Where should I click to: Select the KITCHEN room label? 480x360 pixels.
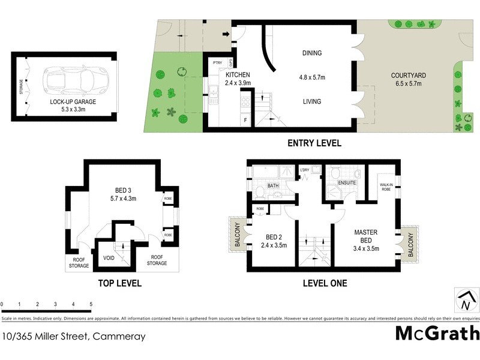[x=238, y=75]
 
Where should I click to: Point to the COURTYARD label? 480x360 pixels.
[x=408, y=75]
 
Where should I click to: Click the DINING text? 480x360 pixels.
[x=311, y=53]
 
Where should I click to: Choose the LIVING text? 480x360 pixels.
[x=311, y=101]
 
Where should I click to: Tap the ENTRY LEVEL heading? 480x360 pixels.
[x=314, y=143]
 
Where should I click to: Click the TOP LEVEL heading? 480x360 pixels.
[x=121, y=283]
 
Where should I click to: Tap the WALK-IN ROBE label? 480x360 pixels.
[x=386, y=187]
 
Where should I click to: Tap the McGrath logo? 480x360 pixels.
[x=437, y=333]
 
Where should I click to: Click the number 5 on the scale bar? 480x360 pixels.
[x=91, y=304]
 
